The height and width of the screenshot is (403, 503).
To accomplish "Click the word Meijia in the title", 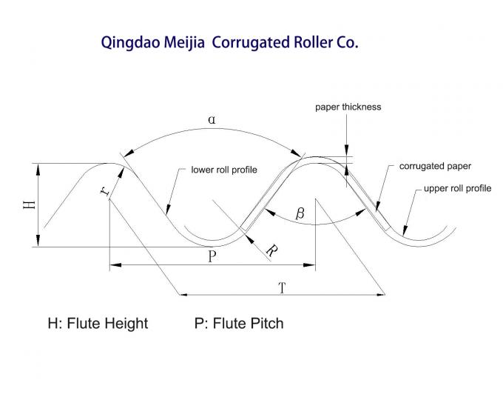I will [x=186, y=42].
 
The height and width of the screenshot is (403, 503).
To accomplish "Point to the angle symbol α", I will [x=212, y=119].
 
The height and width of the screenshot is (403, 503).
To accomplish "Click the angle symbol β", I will [x=300, y=214].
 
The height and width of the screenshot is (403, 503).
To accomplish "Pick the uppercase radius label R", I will [x=271, y=251].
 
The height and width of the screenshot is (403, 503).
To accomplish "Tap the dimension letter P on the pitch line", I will [x=212, y=256].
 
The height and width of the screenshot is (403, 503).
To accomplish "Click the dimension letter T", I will [x=282, y=288].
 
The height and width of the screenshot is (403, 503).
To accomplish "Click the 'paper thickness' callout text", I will [x=348, y=107].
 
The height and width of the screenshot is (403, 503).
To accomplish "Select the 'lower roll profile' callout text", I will [x=224, y=170].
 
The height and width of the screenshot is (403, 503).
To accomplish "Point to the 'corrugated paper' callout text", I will [x=435, y=166].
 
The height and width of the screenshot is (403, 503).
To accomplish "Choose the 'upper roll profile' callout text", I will [x=457, y=188].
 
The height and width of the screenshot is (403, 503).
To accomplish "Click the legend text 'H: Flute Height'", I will [x=98, y=323].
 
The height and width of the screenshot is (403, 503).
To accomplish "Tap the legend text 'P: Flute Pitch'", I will [x=239, y=323].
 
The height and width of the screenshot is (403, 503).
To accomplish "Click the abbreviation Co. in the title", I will [x=347, y=42].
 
